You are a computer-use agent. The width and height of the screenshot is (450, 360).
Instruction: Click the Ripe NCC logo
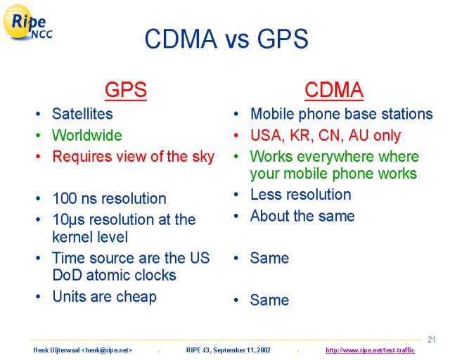click(x=28, y=23)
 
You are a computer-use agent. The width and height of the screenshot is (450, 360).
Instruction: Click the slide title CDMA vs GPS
click(x=226, y=39)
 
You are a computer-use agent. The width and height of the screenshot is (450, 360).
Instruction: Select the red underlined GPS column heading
click(x=126, y=90)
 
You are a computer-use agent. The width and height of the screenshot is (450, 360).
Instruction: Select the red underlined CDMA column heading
click(x=334, y=90)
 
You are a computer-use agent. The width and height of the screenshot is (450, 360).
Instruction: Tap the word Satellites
click(x=82, y=114)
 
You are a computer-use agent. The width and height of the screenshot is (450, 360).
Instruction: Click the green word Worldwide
click(x=87, y=135)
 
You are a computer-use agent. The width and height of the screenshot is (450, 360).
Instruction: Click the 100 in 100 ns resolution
click(x=65, y=198)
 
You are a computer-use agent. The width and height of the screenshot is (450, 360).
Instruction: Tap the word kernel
click(x=72, y=237)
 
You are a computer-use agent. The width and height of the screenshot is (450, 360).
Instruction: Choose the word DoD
click(x=67, y=275)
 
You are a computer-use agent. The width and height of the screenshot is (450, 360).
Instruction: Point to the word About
click(x=269, y=216)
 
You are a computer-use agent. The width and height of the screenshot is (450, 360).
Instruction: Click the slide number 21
click(x=431, y=340)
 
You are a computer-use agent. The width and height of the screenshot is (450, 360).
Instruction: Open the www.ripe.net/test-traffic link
click(x=370, y=350)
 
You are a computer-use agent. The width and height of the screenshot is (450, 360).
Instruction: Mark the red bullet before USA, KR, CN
click(x=236, y=135)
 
